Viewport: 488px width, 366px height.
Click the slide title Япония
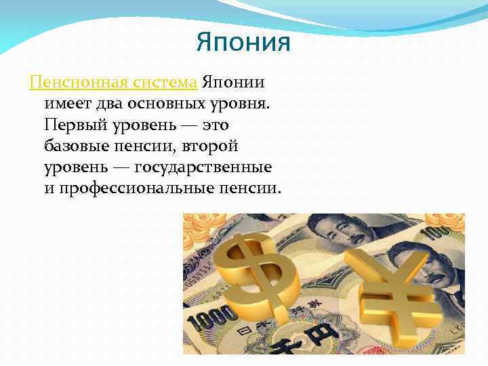(x=243, y=43)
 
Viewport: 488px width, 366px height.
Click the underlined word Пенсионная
(x=70, y=83)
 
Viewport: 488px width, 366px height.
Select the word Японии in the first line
(x=232, y=83)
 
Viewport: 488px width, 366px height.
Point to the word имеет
(x=66, y=104)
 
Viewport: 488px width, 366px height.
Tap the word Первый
(x=74, y=125)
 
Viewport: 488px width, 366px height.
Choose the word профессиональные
(x=143, y=188)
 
